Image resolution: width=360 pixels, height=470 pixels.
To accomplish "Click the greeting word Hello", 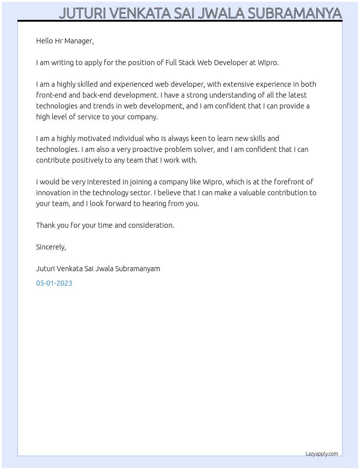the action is coord(44,41).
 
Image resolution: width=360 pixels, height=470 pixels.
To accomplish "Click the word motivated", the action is coord(94,138).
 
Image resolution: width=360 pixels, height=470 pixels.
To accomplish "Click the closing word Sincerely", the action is coord(51,247).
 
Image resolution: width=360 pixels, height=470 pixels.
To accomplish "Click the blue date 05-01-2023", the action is coord(54,283).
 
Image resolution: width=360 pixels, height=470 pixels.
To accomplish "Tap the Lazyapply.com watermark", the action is coord(322,454).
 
